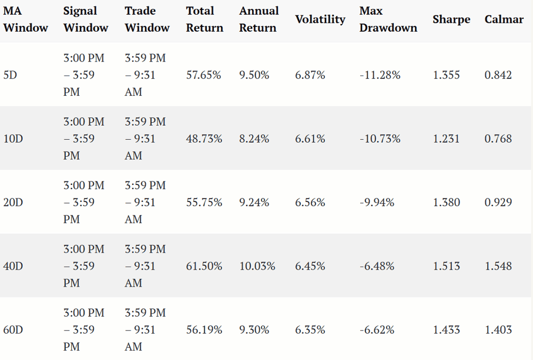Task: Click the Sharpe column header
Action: click(451, 19)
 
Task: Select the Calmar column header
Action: click(504, 19)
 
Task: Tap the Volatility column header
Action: click(320, 19)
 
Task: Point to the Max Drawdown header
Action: click(388, 19)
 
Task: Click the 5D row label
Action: click(10, 75)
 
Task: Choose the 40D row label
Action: click(13, 266)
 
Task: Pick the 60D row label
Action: click(13, 329)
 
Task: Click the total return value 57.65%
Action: click(203, 75)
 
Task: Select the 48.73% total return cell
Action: click(204, 139)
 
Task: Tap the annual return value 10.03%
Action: click(257, 266)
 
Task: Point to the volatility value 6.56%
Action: click(310, 202)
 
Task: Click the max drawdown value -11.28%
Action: click(380, 75)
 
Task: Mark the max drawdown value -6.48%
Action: click(377, 266)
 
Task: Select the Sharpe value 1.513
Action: click(446, 266)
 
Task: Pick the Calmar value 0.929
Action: click(498, 202)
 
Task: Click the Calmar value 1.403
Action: click(498, 329)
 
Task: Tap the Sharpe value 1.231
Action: click(446, 139)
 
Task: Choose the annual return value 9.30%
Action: click(254, 329)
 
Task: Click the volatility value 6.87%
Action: click(310, 75)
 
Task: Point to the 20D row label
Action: click(13, 202)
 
